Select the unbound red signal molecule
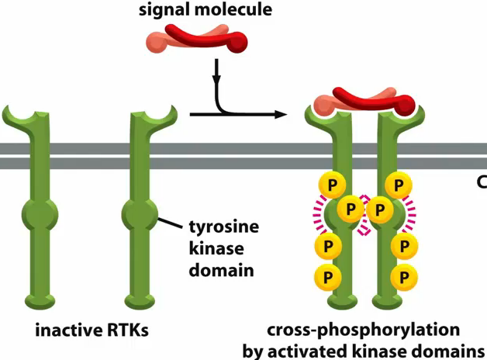[x=205, y=40]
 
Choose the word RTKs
[x=127, y=330]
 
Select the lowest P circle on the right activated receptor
[x=402, y=275]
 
